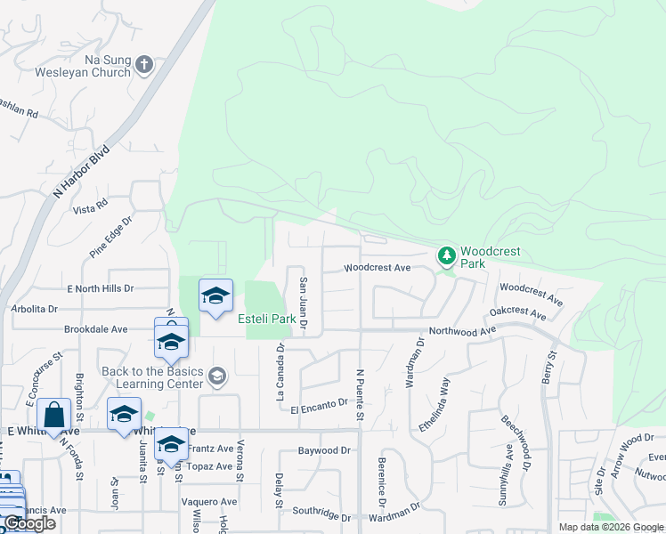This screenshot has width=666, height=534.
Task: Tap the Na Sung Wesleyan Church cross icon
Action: (x=144, y=64)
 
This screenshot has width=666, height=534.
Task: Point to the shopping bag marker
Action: (x=53, y=415)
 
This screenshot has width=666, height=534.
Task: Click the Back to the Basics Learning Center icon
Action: (x=215, y=377)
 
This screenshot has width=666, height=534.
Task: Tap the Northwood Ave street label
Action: (x=462, y=331)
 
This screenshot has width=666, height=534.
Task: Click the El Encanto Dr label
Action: (x=319, y=404)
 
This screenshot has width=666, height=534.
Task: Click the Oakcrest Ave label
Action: (x=517, y=313)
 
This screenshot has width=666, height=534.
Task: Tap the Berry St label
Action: (x=549, y=367)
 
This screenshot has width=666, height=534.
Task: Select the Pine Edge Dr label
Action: (x=110, y=236)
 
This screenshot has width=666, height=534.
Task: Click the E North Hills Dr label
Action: (x=100, y=289)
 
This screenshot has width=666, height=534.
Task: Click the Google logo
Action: (x=30, y=523)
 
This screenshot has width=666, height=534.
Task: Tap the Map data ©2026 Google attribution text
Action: (x=610, y=527)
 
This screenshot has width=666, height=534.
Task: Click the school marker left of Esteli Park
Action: (x=215, y=296)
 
